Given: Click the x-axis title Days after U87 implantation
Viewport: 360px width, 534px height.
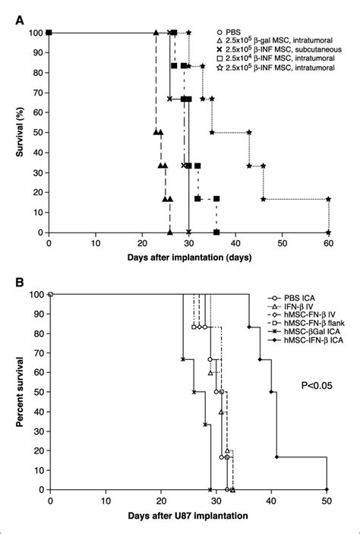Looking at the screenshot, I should pos(188,518).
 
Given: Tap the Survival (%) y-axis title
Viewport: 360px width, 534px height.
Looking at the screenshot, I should pos(11,132).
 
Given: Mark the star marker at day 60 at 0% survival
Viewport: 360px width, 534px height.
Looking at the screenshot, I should pos(328,232).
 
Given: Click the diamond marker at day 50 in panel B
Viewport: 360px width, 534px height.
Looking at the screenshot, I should pos(327,490).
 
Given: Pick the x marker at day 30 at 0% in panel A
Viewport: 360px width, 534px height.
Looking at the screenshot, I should pos(188,232).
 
